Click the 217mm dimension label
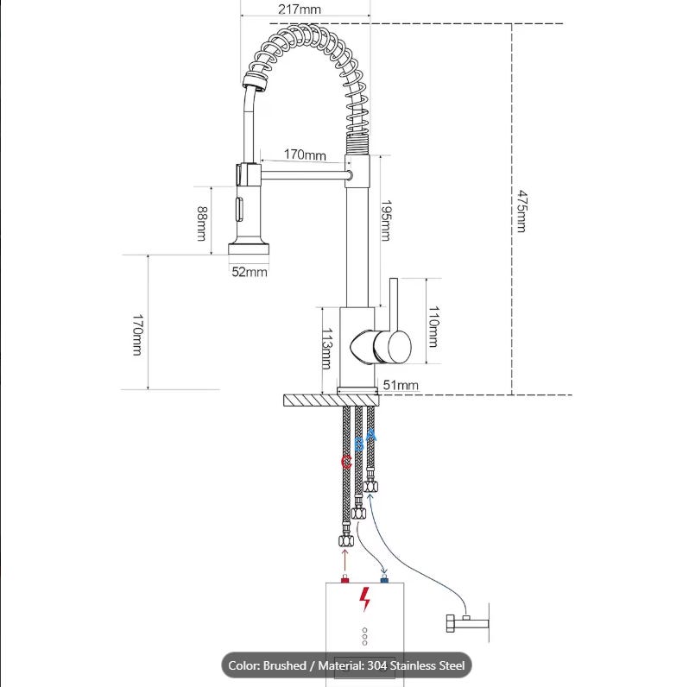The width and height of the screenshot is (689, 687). coord(300,9)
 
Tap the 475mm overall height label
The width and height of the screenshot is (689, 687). coord(521,211)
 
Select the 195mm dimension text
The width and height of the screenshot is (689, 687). coord(386,220)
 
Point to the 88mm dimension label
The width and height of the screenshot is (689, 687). coord(201,224)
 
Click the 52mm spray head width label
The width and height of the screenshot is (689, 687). coord(250,272)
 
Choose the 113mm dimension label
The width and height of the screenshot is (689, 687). coord(327,349)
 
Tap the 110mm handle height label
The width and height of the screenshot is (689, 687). coord(433,327)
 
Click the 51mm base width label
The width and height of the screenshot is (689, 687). coord(401,385)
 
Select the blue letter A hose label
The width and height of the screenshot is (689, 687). coord(372,435)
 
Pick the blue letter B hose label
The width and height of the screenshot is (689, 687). coord(359,444)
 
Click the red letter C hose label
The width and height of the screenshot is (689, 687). coord(346,462)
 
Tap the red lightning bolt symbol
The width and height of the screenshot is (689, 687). coord(364,599)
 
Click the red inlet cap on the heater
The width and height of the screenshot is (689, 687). coord(345,580)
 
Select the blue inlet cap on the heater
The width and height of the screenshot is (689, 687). coord(384,580)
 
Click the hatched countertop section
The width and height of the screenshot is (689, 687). coord(332,400)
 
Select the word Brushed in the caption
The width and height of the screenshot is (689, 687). coord(284,665)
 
